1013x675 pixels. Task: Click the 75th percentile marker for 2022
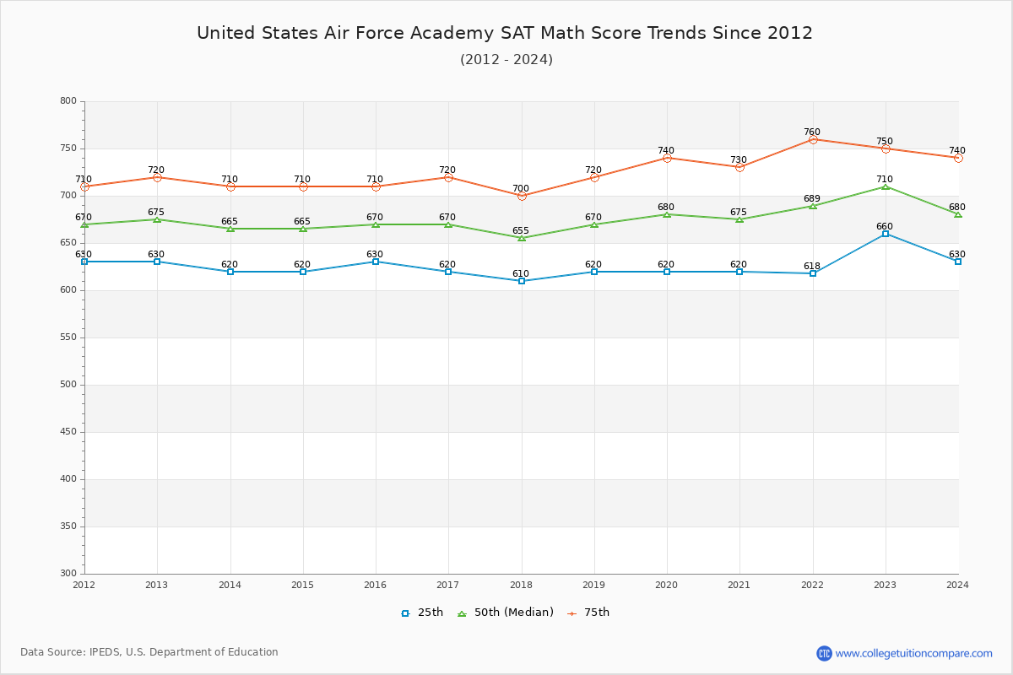point(813,139)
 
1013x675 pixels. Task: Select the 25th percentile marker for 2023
point(886,234)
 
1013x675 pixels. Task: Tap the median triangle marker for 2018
point(522,238)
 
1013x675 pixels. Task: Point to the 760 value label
point(811,132)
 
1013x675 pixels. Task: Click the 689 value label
point(811,199)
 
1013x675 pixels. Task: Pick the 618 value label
point(811,266)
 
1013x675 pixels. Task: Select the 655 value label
point(520,230)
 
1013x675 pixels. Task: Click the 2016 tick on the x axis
point(375,585)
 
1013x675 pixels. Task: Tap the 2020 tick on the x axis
point(667,585)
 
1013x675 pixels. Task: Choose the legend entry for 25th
point(422,613)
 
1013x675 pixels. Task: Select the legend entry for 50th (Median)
point(505,613)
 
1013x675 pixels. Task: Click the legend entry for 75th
point(588,613)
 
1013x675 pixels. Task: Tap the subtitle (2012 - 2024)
point(506,60)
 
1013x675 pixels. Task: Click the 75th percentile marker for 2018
point(522,196)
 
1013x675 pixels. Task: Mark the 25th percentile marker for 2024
point(958,262)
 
